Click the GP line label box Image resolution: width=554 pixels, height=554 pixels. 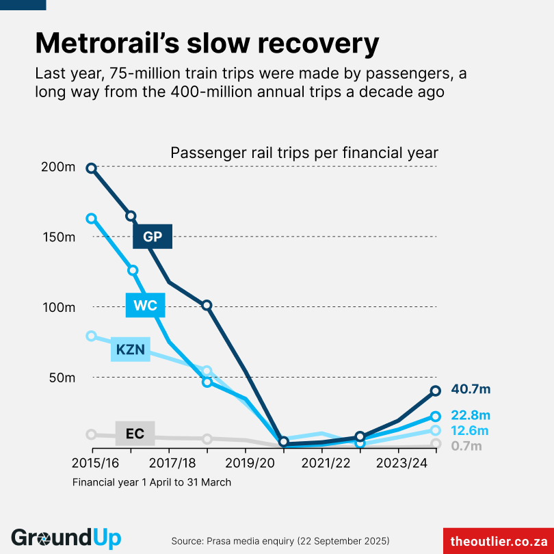click(153, 237)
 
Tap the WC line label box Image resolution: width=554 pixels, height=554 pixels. click(146, 305)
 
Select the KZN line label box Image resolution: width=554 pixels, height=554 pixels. click(131, 349)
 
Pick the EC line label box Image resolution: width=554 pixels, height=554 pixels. click(135, 434)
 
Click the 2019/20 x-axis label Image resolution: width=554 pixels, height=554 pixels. click(246, 462)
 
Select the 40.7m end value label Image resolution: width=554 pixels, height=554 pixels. click(471, 389)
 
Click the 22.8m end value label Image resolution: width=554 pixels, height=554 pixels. click(471, 415)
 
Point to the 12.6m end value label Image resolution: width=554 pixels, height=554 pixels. click(470, 430)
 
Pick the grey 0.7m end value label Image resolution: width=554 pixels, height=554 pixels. click(466, 445)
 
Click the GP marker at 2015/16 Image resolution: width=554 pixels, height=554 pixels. click(91, 168)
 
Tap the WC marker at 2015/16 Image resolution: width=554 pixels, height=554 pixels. click(91, 218)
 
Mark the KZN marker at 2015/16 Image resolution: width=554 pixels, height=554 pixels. click(91, 336)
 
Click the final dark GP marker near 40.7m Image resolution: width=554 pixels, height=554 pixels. click(436, 391)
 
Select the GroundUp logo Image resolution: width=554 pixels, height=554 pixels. click(66, 538)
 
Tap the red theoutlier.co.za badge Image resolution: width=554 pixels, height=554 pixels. click(498, 540)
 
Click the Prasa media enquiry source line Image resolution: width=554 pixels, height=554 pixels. click(280, 540)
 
